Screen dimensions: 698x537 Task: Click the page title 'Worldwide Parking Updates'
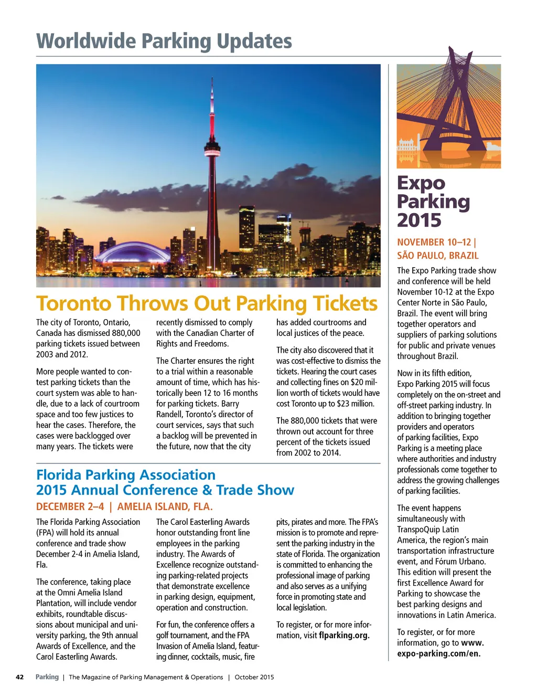(164, 41)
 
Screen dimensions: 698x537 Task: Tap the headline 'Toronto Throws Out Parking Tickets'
(207, 303)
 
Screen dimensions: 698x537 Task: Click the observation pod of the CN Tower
(212, 153)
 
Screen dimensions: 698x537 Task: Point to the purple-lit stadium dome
(134, 252)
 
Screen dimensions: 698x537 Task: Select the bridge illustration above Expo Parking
(448, 113)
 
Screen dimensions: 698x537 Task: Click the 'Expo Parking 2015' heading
(433, 202)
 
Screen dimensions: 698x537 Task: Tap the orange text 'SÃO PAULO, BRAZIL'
(437, 256)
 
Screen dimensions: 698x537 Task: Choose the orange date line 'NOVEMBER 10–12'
(434, 242)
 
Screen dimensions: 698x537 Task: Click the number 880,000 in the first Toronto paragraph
(126, 333)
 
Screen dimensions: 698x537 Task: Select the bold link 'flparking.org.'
(344, 635)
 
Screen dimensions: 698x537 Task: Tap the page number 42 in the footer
(20, 677)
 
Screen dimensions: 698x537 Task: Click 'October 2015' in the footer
(254, 677)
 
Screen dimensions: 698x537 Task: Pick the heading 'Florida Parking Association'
(126, 475)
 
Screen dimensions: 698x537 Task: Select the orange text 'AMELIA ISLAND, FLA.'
(165, 506)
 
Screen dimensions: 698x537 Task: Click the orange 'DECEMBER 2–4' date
(70, 506)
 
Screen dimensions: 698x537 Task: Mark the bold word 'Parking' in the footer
(47, 677)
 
